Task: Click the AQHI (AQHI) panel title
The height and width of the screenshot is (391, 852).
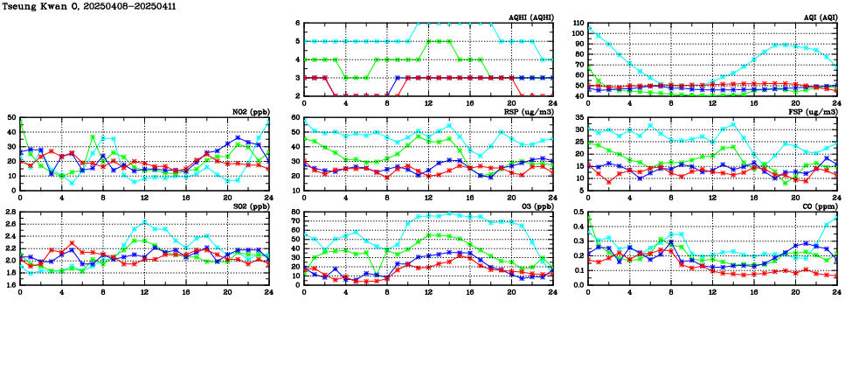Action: coord(530,17)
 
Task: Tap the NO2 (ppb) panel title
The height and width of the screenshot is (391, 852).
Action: coord(250,111)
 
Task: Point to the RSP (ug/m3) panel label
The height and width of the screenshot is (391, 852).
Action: coord(530,111)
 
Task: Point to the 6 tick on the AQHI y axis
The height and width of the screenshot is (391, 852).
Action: coord(297,23)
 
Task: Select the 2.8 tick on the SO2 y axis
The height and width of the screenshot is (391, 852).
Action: coord(10,212)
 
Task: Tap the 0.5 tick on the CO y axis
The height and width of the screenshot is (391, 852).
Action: coord(578,212)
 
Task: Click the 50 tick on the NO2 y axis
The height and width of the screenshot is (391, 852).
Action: coord(10,117)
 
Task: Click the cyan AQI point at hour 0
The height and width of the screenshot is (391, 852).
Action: coord(588,28)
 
